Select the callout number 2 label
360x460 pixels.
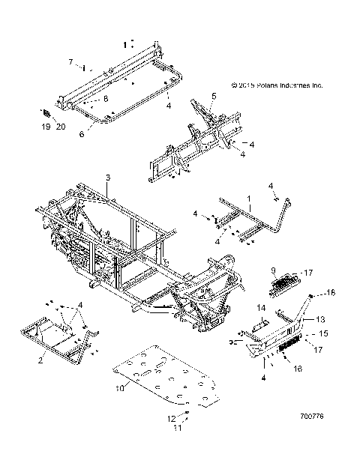tap(40, 360)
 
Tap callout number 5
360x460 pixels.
tap(213, 96)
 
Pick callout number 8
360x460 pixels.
tap(106, 98)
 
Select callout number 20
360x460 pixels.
tap(61, 128)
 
